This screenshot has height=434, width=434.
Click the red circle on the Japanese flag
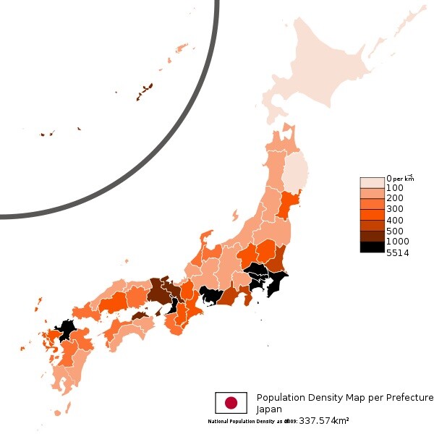(231, 403)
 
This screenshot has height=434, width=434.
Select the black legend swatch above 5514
(372, 247)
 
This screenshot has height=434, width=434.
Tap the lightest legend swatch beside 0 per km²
(372, 182)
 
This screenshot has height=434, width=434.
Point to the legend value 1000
(398, 241)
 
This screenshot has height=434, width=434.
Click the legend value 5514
(398, 252)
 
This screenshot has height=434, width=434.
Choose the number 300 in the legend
(395, 209)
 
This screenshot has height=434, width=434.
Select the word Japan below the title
(269, 409)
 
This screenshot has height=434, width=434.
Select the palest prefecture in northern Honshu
(294, 174)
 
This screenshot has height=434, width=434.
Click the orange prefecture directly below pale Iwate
(289, 205)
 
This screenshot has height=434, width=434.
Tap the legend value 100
(395, 188)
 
